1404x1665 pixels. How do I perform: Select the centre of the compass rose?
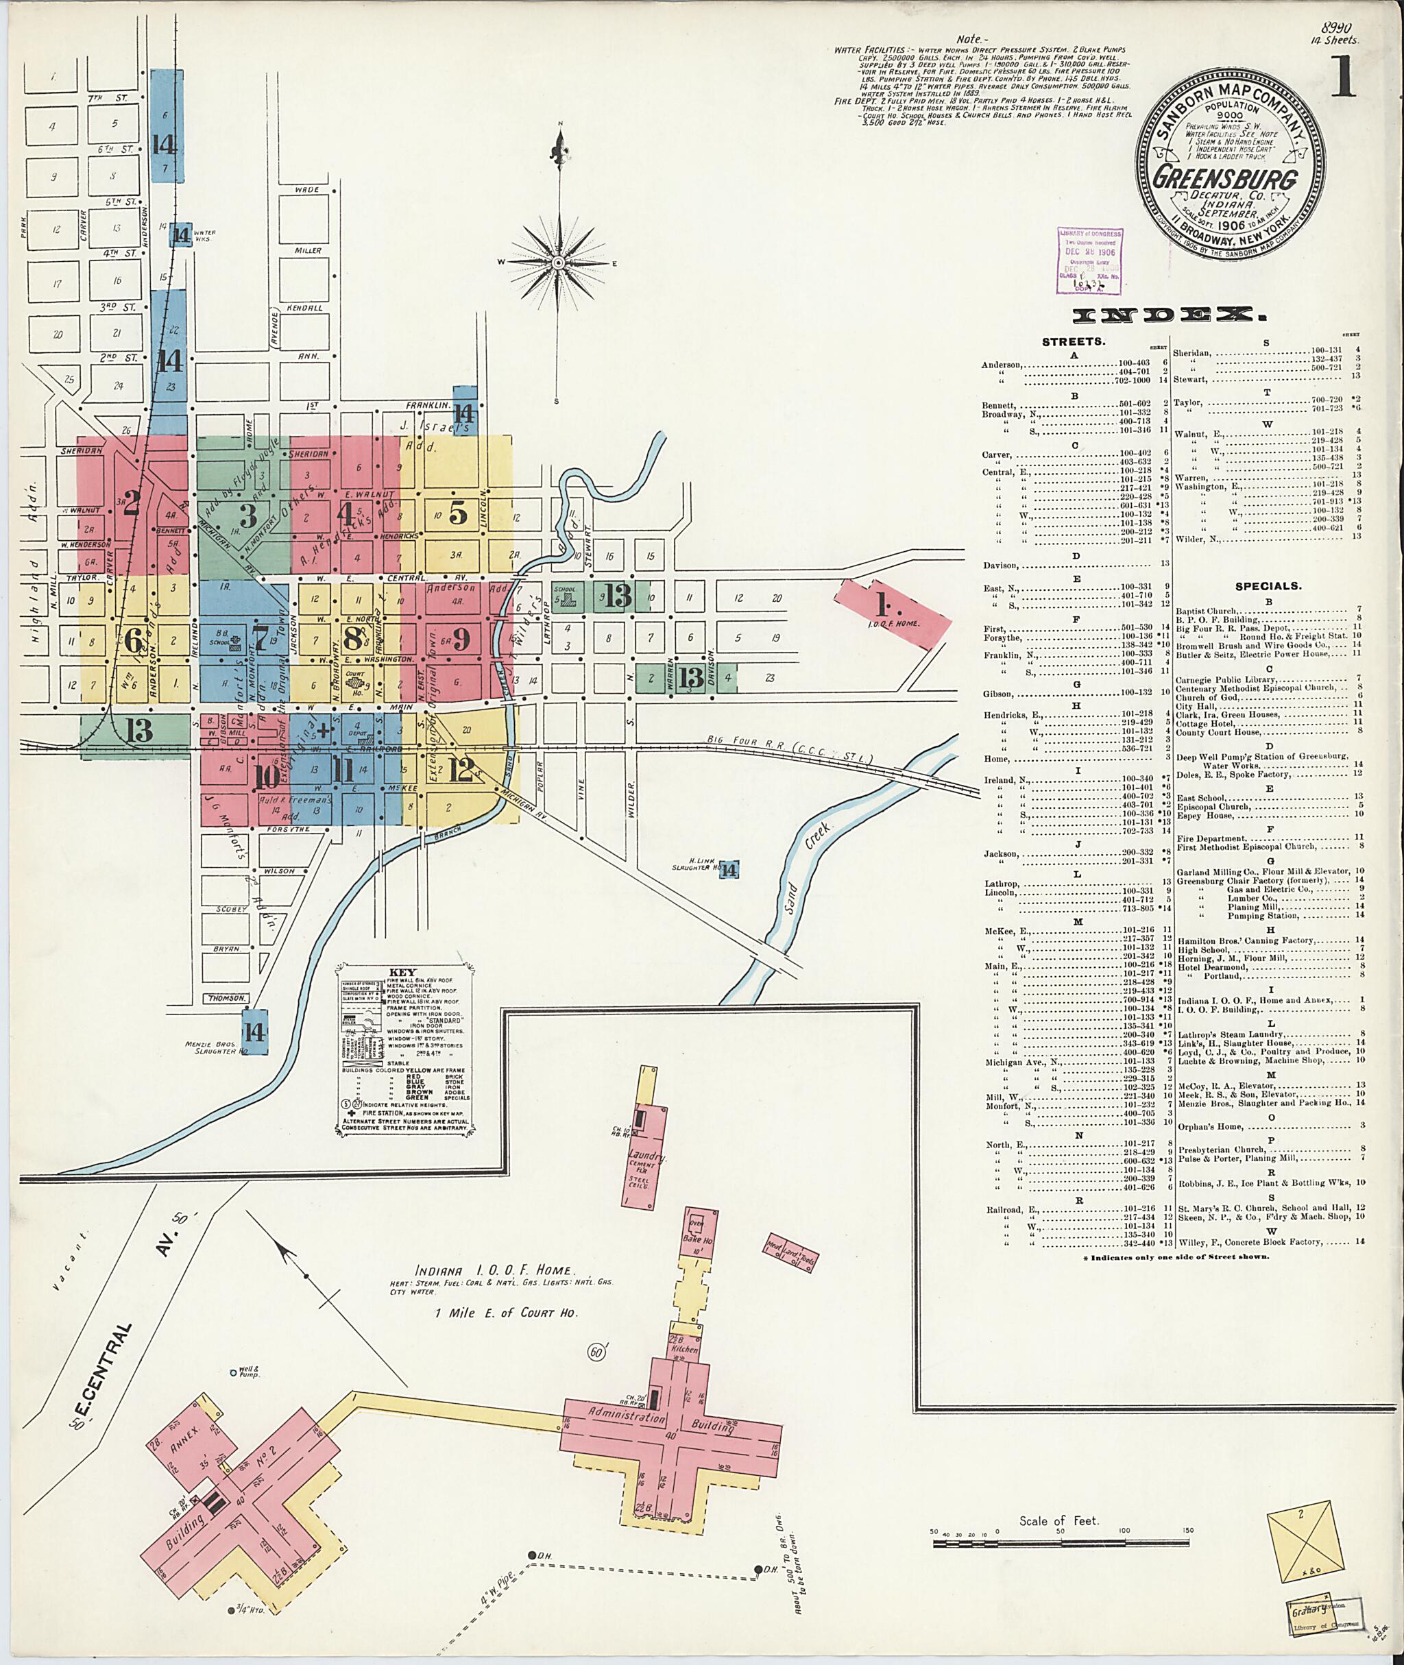[560, 262]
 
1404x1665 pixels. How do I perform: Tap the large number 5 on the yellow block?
[459, 515]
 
